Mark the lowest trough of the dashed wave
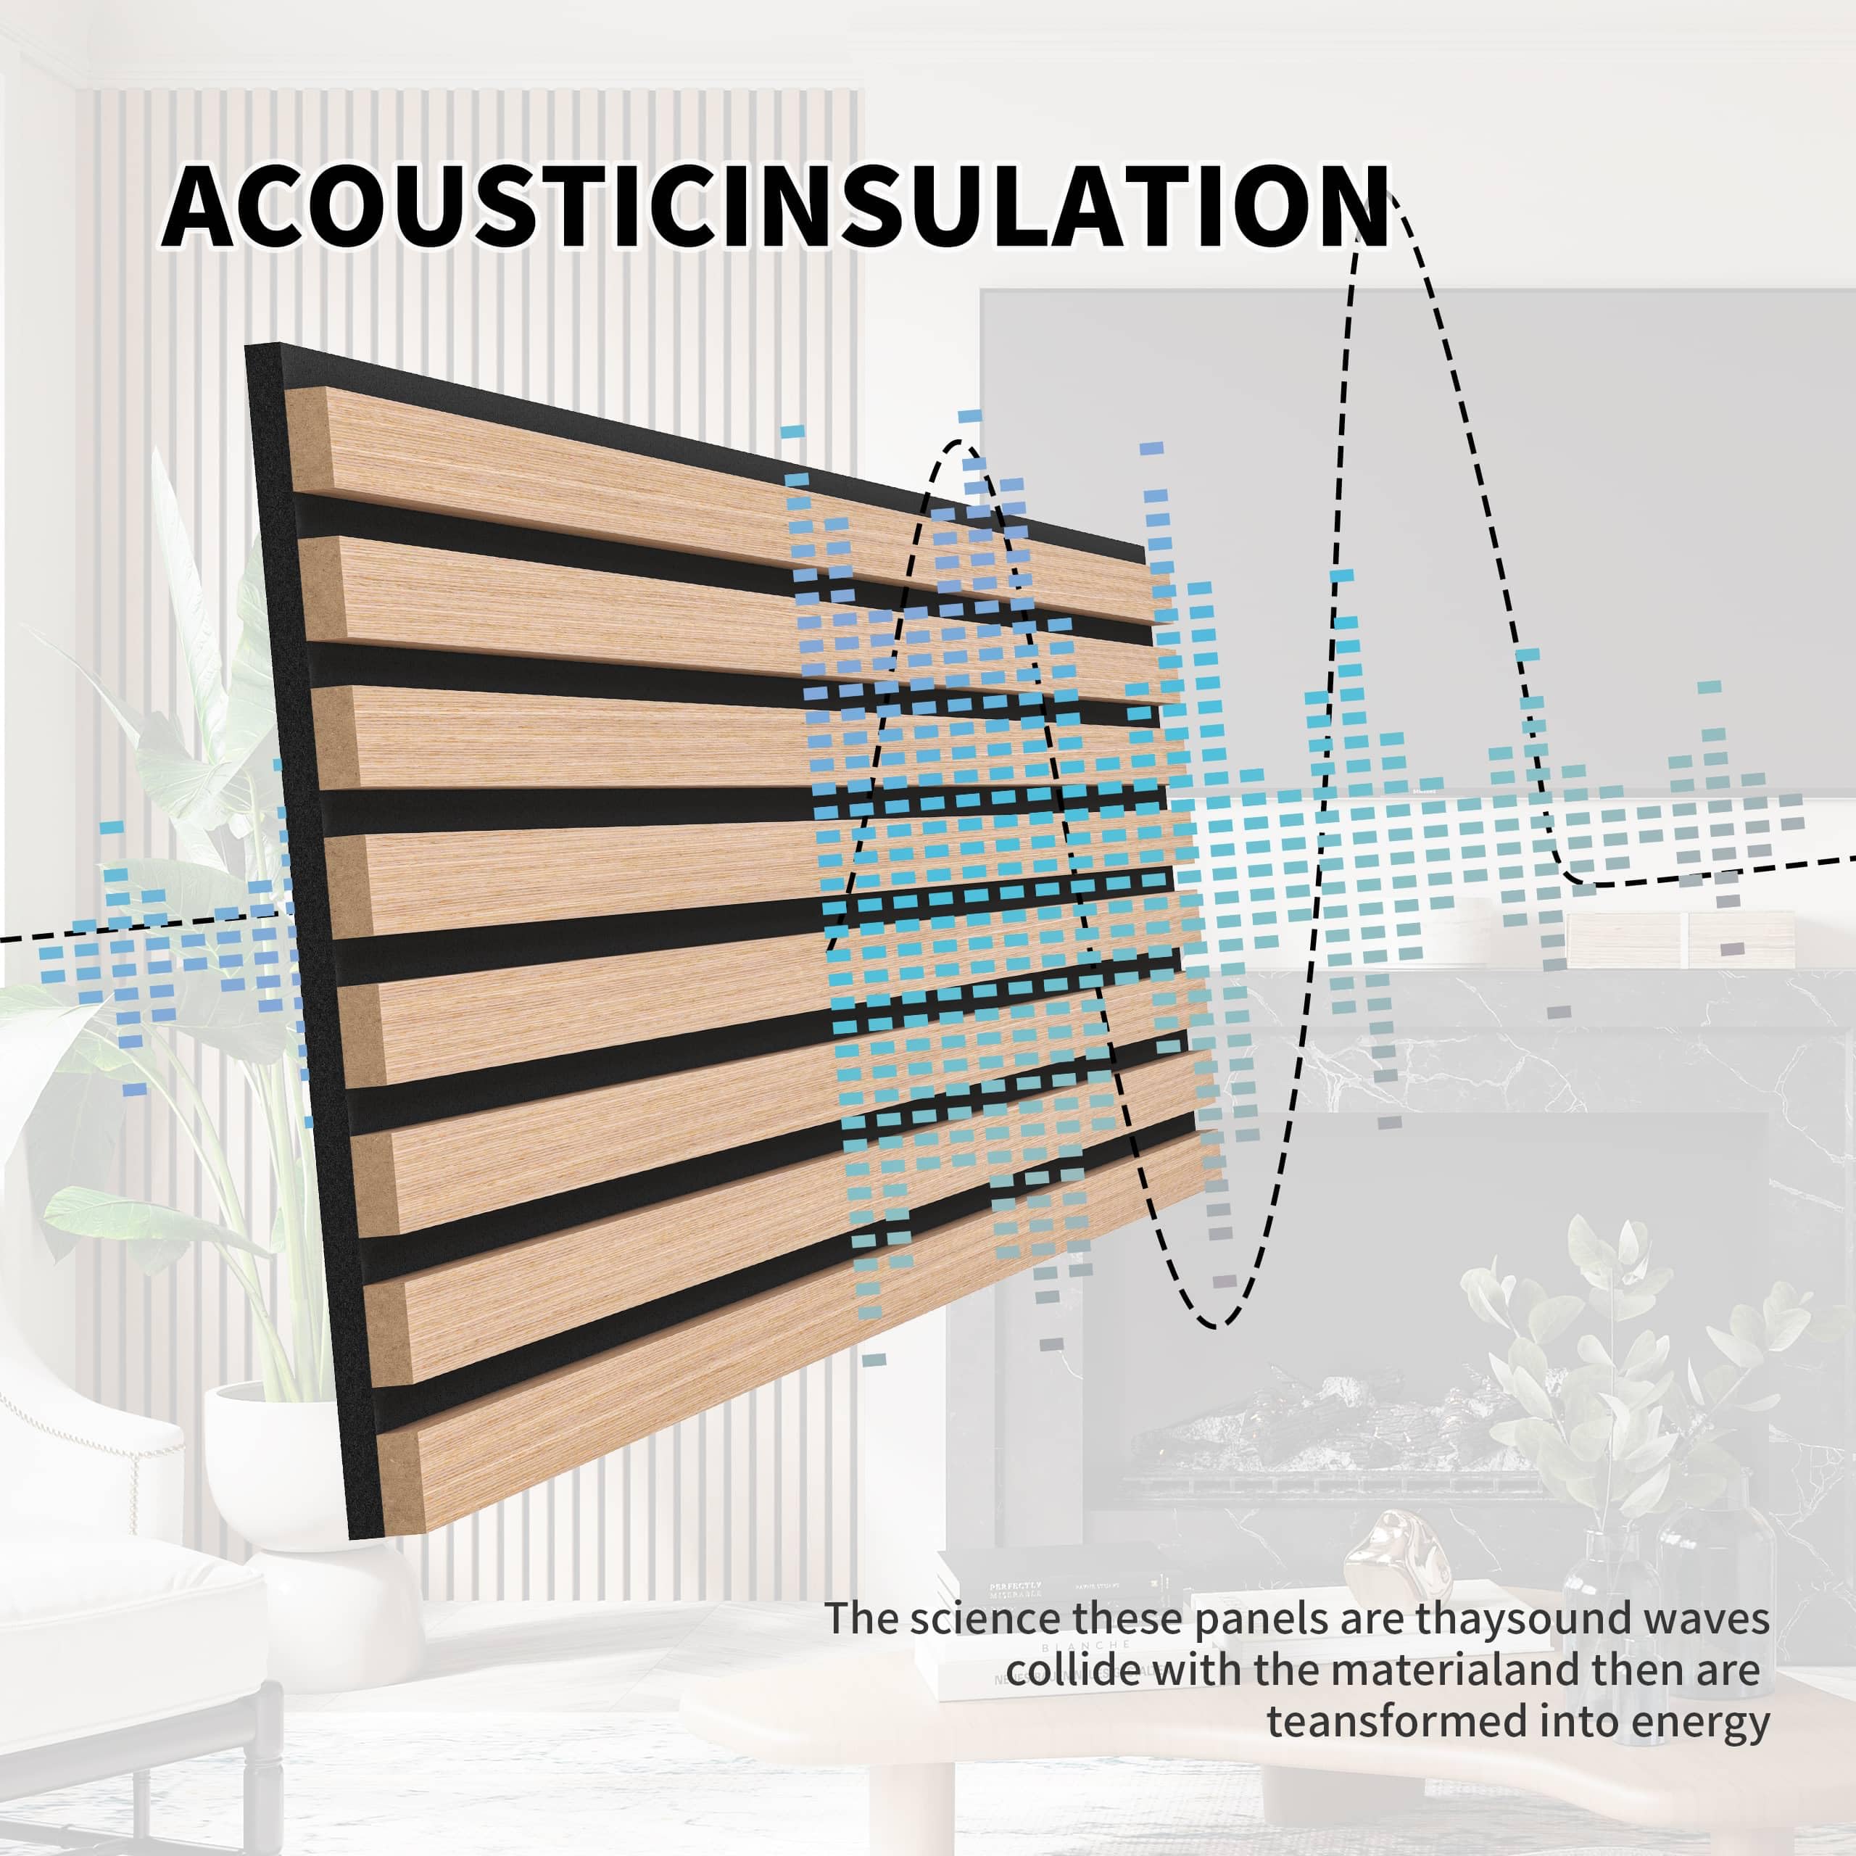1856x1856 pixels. (1218, 1327)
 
